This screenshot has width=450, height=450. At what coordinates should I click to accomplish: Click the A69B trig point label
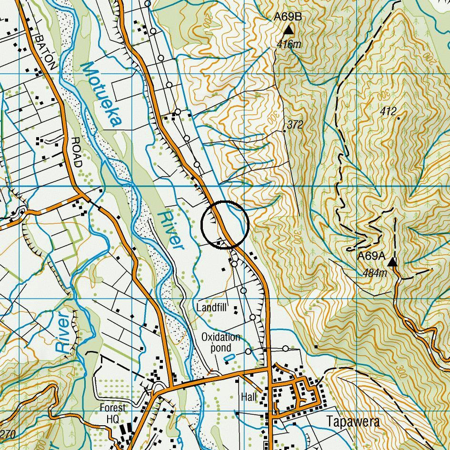[x=288, y=18]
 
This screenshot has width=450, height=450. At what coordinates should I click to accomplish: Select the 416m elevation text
[x=290, y=45]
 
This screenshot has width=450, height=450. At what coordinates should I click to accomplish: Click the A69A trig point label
[x=371, y=256]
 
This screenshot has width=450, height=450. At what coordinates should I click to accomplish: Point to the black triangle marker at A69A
[x=392, y=262]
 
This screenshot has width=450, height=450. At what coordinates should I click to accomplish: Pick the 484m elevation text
[x=375, y=273]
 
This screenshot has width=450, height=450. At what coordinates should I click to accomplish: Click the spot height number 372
[x=295, y=125]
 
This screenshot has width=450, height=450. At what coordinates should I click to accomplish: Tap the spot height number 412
[x=389, y=111]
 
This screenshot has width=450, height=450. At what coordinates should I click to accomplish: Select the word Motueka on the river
[x=100, y=95]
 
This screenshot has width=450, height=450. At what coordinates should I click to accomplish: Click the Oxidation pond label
[x=220, y=342]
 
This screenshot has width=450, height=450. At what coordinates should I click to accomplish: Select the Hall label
[x=249, y=397]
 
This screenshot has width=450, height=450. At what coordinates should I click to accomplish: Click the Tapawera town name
[x=354, y=422]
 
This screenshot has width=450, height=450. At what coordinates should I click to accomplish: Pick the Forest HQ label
[x=113, y=412]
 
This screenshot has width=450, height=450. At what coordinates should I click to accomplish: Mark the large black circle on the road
[x=225, y=224]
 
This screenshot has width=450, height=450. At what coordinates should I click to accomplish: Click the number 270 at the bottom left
[x=9, y=434]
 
